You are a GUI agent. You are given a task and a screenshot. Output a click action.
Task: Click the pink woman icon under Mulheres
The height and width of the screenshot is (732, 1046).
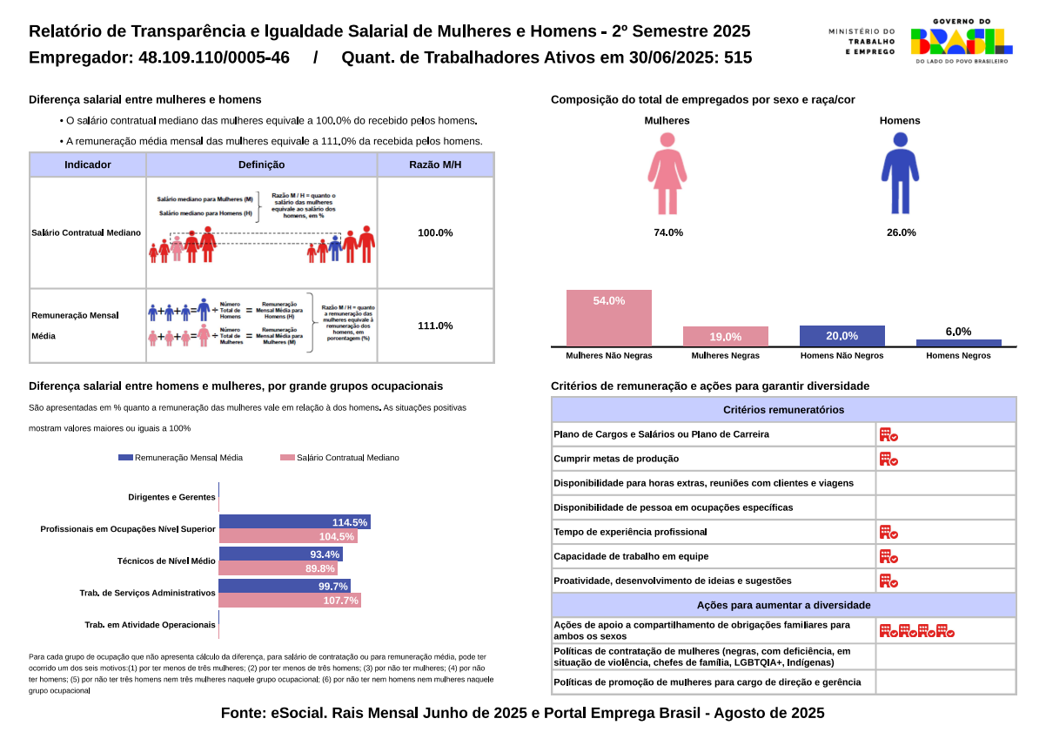coord(667,173)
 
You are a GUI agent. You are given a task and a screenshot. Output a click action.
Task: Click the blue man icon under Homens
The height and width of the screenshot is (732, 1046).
coord(900,173)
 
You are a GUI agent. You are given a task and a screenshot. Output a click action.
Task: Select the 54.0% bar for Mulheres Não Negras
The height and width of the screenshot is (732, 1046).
coord(609,318)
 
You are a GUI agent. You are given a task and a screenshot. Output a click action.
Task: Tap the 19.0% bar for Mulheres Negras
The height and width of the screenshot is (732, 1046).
coord(725,337)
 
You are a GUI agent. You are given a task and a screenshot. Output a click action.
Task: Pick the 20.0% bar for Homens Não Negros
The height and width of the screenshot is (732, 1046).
coord(841,336)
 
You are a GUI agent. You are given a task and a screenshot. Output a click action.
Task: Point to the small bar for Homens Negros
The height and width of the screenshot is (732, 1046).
coord(958,343)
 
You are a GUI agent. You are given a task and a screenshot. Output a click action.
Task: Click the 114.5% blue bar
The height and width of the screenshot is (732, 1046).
coord(294,522)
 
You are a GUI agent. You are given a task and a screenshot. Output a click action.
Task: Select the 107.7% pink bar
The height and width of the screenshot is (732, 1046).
coord(289,601)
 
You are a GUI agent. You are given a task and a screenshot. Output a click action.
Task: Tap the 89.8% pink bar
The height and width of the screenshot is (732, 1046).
coord(278,568)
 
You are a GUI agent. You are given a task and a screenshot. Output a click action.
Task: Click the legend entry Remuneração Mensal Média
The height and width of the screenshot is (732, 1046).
coord(181,457)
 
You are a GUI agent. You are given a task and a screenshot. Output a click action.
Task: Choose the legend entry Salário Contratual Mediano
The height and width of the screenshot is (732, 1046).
coord(340,457)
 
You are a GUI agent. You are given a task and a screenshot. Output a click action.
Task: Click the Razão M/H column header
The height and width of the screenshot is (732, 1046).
coord(435,165)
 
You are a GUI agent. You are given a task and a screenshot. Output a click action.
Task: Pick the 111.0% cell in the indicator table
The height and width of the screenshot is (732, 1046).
coord(435,326)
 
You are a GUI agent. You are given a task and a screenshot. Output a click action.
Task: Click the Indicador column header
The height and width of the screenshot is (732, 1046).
coord(88,165)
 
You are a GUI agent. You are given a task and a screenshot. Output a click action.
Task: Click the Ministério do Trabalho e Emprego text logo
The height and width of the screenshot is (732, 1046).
coord(862,41)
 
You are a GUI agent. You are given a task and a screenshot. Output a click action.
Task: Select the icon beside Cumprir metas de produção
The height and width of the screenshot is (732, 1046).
coord(888,459)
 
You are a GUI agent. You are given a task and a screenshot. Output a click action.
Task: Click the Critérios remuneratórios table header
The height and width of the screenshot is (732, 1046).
coord(783,410)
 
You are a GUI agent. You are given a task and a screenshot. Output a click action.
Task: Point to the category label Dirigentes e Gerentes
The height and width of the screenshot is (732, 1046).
coord(171,497)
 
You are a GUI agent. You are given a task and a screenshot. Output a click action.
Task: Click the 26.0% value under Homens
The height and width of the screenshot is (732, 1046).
coord(900,232)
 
